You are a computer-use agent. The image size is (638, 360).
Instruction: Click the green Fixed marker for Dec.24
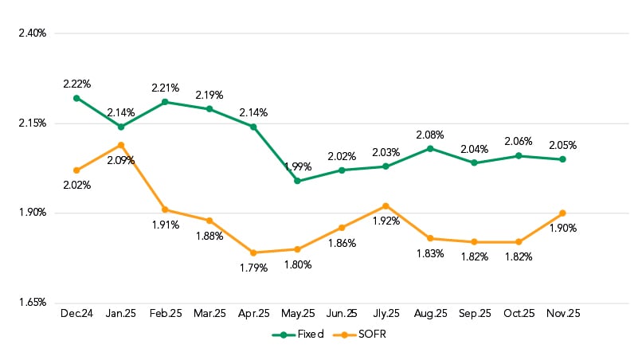pyautogui.click(x=76, y=98)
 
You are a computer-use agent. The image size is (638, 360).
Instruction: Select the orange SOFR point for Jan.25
pyautogui.click(x=121, y=145)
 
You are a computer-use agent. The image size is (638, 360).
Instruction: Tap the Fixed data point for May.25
pyautogui.click(x=297, y=181)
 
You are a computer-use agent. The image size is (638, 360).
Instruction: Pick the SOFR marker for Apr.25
pyautogui.click(x=253, y=252)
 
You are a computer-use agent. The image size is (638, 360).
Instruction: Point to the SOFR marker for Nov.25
pyautogui.click(x=562, y=213)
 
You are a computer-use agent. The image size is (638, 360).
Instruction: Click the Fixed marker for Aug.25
pyautogui.click(x=430, y=148)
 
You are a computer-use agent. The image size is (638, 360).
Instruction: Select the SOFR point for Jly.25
pyautogui.click(x=386, y=205)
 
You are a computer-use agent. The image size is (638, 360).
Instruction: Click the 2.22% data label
pyautogui.click(x=77, y=84)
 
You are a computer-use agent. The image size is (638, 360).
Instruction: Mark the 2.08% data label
pyautogui.click(x=430, y=135)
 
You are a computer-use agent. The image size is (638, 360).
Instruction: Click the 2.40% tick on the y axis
pyautogui.click(x=33, y=33)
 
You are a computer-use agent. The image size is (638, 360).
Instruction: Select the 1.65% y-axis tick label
pyautogui.click(x=33, y=303)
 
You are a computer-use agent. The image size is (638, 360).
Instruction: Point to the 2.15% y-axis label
pyautogui.click(x=33, y=123)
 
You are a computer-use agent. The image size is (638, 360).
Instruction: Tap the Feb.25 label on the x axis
pyautogui.click(x=166, y=315)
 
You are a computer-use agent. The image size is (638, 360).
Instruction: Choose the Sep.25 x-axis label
pyautogui.click(x=474, y=315)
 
